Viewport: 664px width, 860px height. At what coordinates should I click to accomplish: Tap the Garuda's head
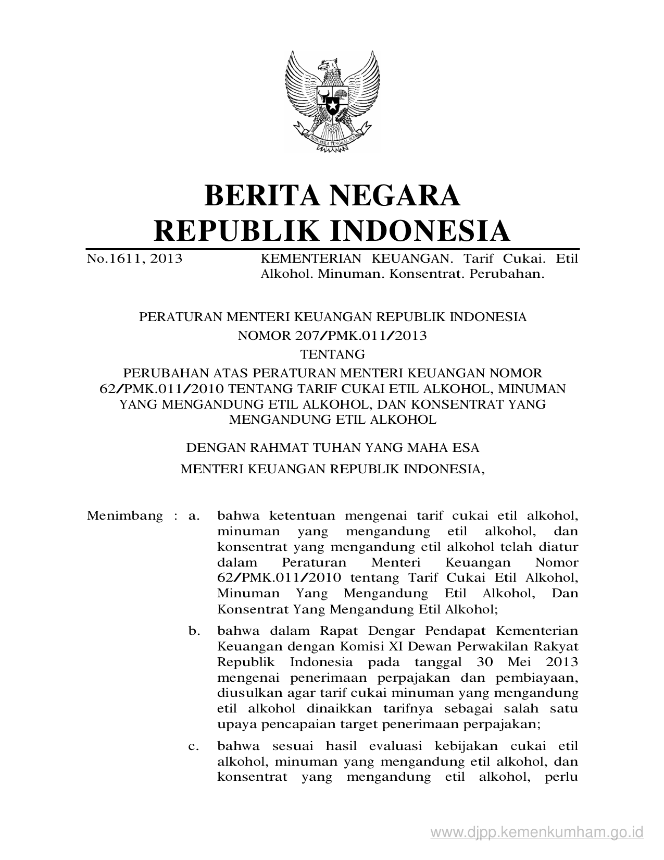click(x=329, y=65)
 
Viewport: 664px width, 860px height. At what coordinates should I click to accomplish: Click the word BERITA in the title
click(x=262, y=195)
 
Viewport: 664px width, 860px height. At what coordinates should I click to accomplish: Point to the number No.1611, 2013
click(x=134, y=259)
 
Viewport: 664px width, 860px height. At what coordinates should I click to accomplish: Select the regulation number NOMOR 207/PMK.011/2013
click(x=332, y=335)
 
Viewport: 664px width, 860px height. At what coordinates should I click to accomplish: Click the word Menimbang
click(x=125, y=516)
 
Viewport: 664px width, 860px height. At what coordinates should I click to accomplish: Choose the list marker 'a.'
click(x=194, y=516)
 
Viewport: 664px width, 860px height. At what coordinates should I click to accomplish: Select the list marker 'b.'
click(x=194, y=631)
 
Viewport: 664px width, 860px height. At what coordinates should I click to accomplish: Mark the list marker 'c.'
click(x=194, y=746)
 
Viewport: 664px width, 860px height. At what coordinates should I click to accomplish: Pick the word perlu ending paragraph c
click(x=560, y=777)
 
